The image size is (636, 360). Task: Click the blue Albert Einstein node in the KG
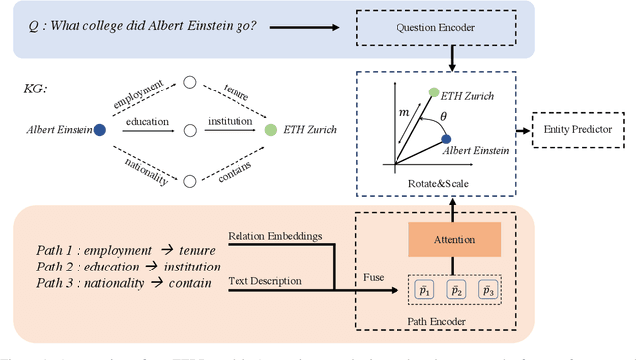[x=99, y=129]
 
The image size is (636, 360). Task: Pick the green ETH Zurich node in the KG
[x=270, y=129]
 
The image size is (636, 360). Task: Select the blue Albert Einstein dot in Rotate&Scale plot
[x=446, y=139]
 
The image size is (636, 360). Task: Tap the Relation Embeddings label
[x=269, y=237]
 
